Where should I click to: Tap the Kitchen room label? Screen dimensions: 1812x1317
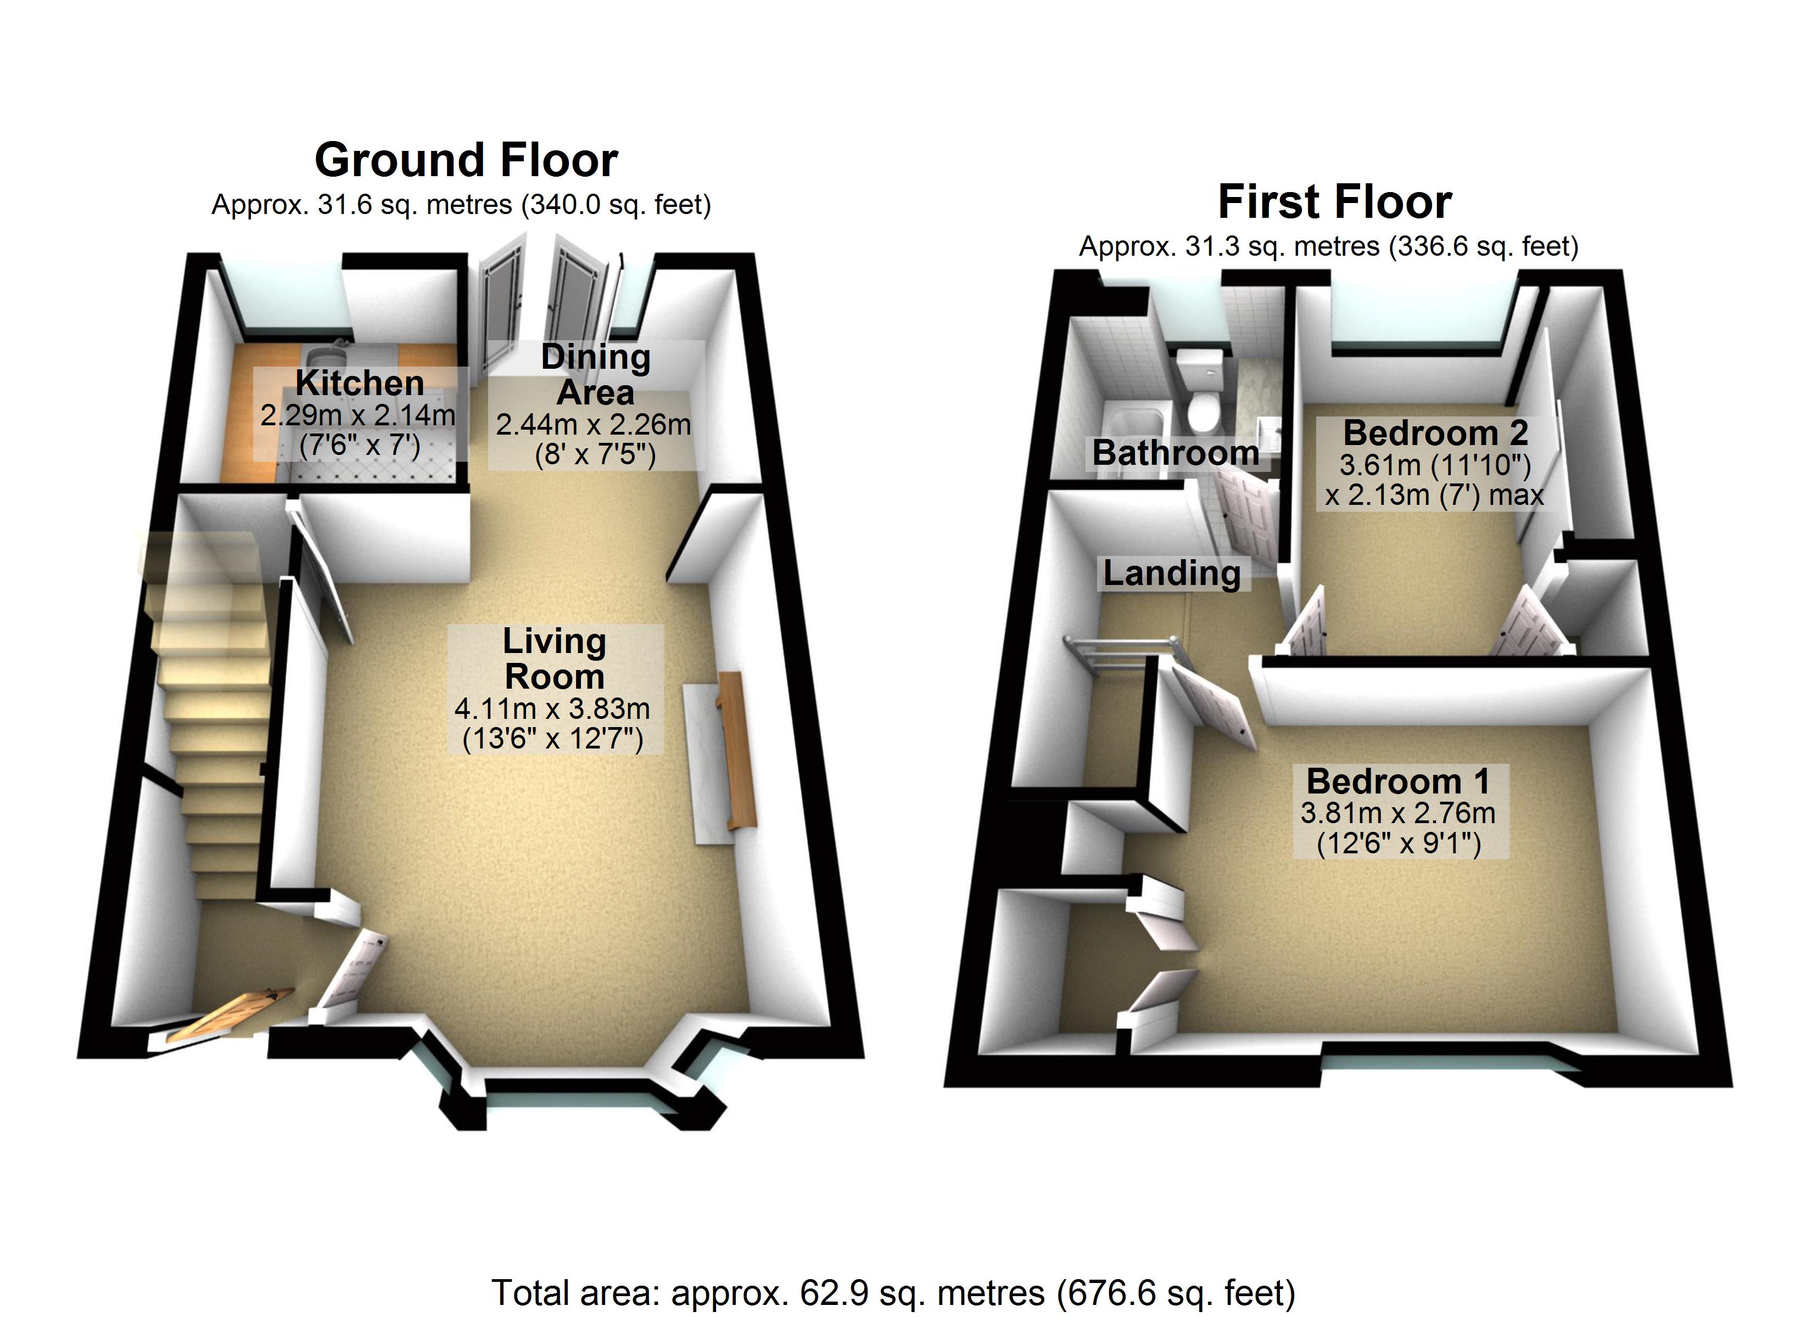point(360,384)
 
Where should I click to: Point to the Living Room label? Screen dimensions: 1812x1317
point(555,659)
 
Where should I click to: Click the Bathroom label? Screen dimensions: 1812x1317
point(1175,453)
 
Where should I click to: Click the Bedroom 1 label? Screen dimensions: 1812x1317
point(1398,781)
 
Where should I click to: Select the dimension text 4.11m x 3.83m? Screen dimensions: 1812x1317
point(552,708)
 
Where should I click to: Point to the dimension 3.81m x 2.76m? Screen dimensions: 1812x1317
point(1398,813)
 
